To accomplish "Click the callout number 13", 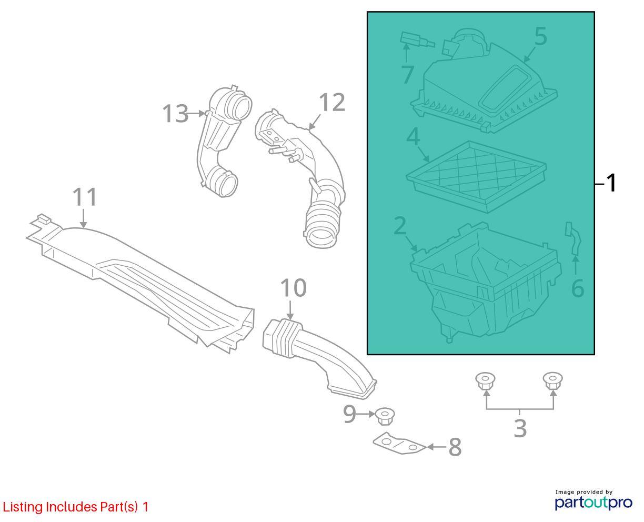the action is tap(175, 114).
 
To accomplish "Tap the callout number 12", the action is tap(331, 103).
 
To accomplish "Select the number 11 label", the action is tap(85, 197).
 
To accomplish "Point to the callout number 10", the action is tap(293, 288).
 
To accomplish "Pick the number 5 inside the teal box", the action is tap(541, 36).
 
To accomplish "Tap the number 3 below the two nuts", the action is tap(520, 428).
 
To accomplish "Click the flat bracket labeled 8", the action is tap(399, 444).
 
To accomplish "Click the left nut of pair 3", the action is tap(485, 381).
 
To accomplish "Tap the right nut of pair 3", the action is tap(552, 381).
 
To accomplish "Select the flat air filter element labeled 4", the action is tap(476, 177).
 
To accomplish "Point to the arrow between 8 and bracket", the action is tap(436, 447).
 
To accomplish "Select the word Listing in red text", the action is tap(23, 507).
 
